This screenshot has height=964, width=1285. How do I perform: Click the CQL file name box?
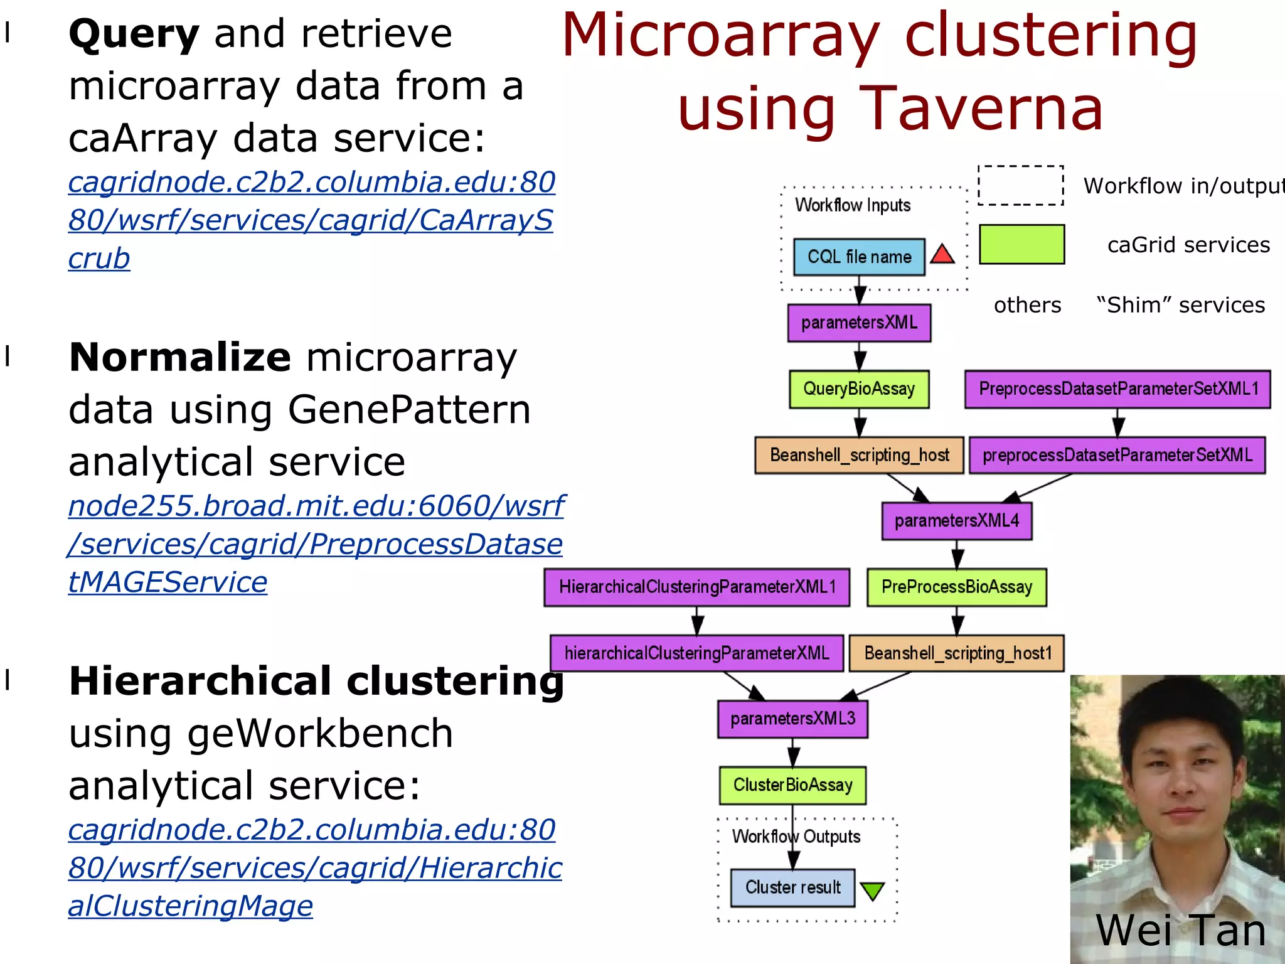[858, 257]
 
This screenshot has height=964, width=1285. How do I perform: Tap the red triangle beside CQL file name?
[942, 255]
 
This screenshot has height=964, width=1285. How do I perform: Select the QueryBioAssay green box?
[859, 389]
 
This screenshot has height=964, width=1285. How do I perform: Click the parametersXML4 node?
[956, 521]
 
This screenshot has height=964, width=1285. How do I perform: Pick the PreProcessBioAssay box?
[956, 587]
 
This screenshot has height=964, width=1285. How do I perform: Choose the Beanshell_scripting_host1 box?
[956, 653]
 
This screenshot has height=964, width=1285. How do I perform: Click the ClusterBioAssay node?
[792, 785]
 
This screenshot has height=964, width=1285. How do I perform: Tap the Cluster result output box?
[792, 887]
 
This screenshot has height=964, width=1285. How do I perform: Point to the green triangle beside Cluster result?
[872, 890]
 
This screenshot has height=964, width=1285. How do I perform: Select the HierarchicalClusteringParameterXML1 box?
[696, 587]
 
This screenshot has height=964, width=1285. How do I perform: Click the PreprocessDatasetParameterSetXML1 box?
[1117, 389]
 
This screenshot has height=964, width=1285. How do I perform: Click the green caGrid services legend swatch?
[1021, 244]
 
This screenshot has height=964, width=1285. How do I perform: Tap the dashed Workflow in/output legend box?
[1020, 186]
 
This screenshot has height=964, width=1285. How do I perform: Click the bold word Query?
[134, 35]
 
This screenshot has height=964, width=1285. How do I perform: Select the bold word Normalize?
[180, 358]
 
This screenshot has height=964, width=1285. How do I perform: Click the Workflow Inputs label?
[852, 205]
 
